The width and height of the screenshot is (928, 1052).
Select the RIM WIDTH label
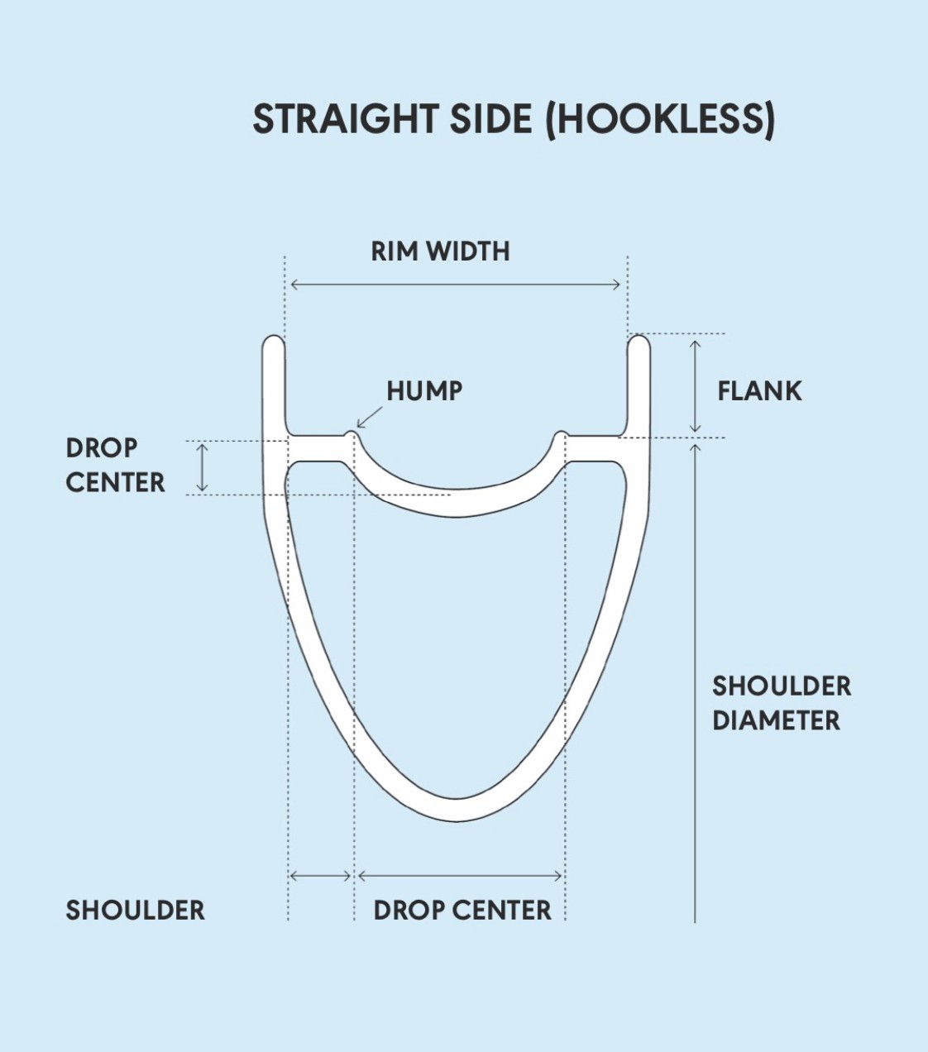440,251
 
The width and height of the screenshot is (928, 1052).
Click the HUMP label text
424,391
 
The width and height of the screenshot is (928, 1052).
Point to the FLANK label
759,391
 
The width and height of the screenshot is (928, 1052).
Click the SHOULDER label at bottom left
135,911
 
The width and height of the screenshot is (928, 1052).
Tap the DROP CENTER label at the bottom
462,911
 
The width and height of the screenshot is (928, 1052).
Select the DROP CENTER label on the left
115,465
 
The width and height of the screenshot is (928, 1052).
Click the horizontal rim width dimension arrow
455,285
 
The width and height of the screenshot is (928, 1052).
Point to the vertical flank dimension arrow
696,385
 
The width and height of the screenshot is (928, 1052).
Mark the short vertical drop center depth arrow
202,467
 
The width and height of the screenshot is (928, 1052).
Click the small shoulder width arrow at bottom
321,875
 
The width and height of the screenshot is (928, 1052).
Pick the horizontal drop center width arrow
461,875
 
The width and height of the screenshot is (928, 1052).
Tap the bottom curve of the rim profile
456,810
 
